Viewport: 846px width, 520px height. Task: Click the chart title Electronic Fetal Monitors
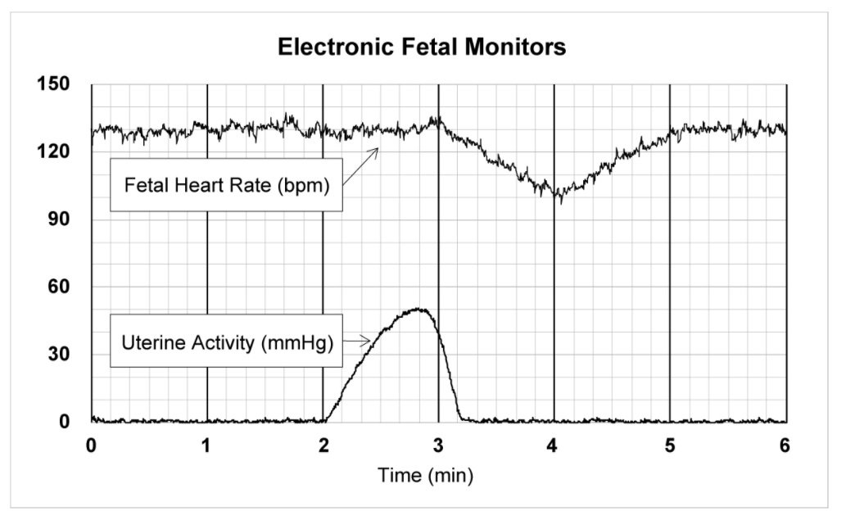pyautogui.click(x=422, y=47)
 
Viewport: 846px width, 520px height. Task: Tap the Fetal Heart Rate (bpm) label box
pyautogui.click(x=227, y=185)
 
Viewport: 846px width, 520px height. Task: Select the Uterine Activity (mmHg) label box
pyautogui.click(x=227, y=341)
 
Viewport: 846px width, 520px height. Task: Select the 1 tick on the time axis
pyautogui.click(x=207, y=445)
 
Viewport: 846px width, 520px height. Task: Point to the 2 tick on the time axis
pyautogui.click(x=323, y=445)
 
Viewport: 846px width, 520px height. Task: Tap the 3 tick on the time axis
pyautogui.click(x=439, y=445)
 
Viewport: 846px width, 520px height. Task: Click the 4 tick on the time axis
pyautogui.click(x=554, y=445)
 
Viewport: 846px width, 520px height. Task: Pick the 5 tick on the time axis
pyautogui.click(x=670, y=445)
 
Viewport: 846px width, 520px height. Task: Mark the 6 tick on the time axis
pyautogui.click(x=786, y=445)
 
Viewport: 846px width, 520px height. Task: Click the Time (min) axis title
pyautogui.click(x=425, y=474)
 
